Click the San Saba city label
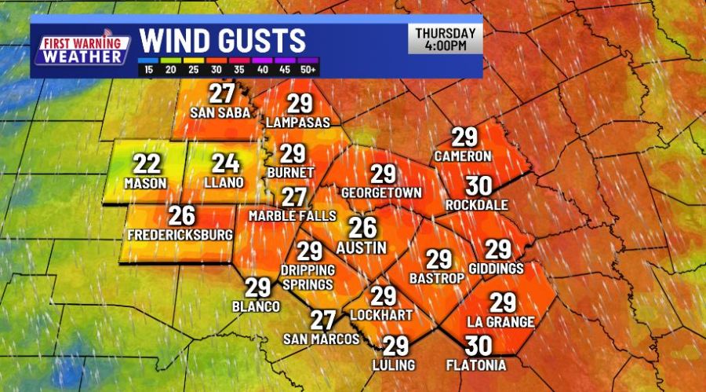pyautogui.click(x=220, y=112)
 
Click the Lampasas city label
pyautogui.click(x=298, y=123)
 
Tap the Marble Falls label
pyautogui.click(x=292, y=215)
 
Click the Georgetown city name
pyautogui.click(x=382, y=192)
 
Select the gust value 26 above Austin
pyautogui.click(x=362, y=227)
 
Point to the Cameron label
pyautogui.click(x=464, y=155)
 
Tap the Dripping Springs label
pyautogui.click(x=309, y=276)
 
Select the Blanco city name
pyautogui.click(x=257, y=306)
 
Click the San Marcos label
pyautogui.click(x=322, y=339)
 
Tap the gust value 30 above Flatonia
pyautogui.click(x=478, y=345)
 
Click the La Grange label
pyautogui.click(x=501, y=321)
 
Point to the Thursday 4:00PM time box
pyautogui.click(x=445, y=39)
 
